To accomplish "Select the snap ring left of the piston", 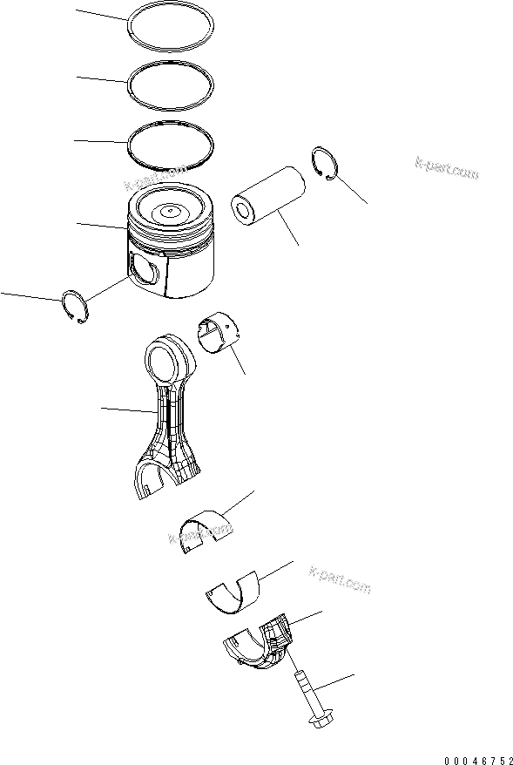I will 77,308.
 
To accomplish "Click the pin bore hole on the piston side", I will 144,269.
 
